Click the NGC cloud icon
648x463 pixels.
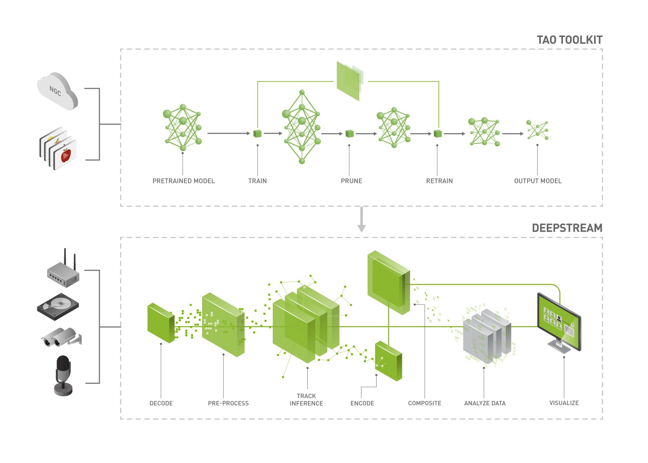click(57, 91)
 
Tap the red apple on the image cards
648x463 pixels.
click(66, 155)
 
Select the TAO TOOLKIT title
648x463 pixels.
click(569, 40)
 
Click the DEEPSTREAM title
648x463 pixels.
click(567, 228)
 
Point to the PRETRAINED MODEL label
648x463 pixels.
click(184, 181)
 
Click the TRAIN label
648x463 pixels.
click(257, 181)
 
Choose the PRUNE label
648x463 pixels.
click(351, 181)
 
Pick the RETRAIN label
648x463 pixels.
click(439, 181)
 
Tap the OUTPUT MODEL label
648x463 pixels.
click(538, 181)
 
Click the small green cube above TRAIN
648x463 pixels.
click(257, 133)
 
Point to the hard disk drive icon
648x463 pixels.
click(58, 307)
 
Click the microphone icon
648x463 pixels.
click(63, 376)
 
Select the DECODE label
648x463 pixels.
click(161, 404)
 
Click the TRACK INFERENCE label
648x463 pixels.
click(306, 400)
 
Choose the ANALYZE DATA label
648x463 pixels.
click(485, 404)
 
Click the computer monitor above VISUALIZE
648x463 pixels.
click(559, 322)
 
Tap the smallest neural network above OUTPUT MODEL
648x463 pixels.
click(538, 130)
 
